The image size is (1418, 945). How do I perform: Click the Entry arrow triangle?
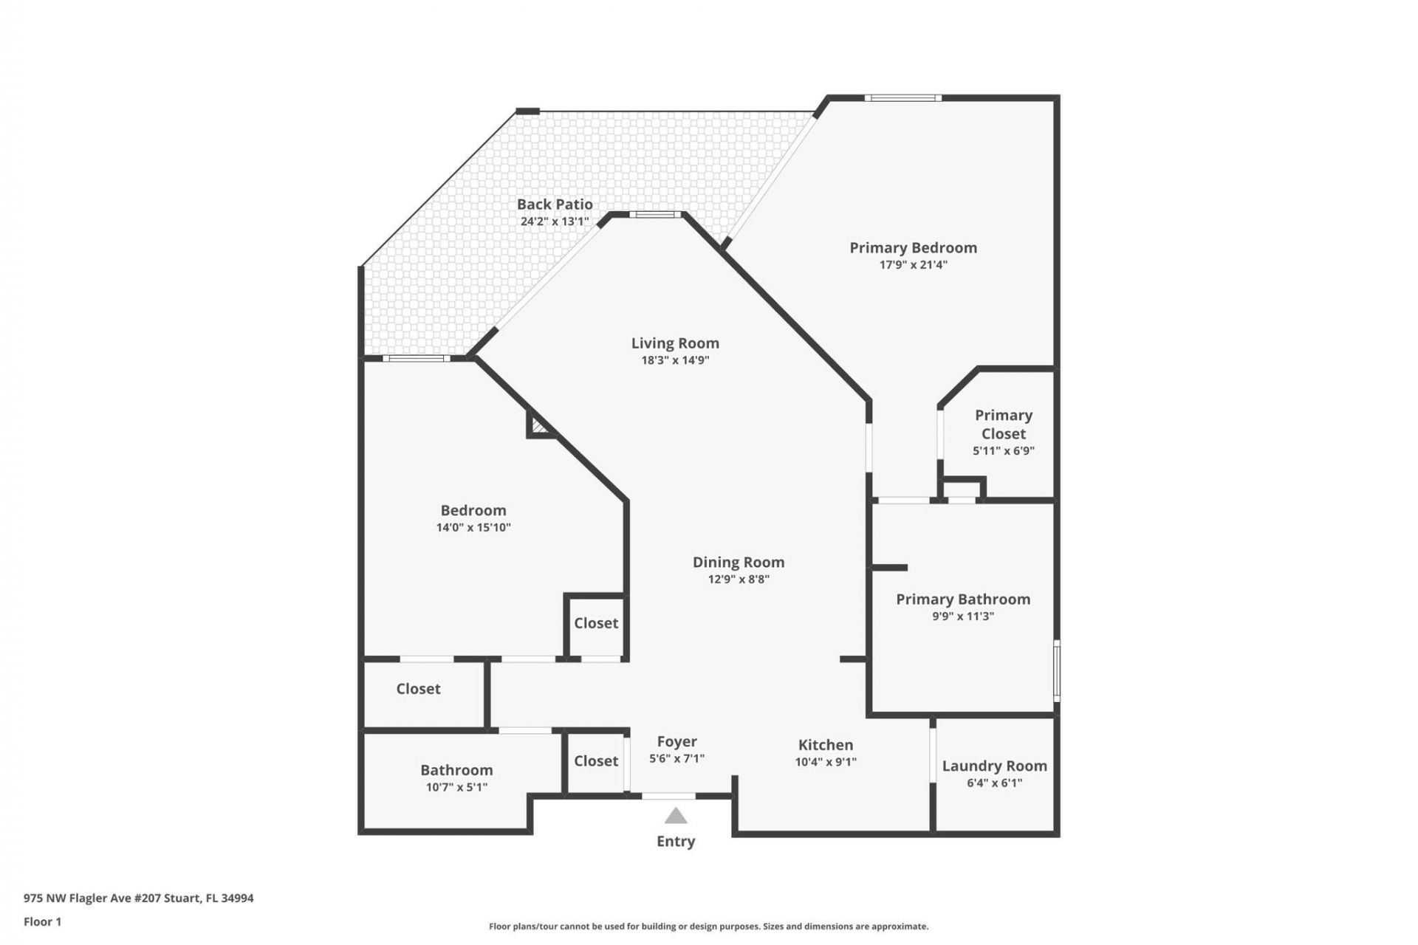[676, 816]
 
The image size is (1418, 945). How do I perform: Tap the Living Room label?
[675, 343]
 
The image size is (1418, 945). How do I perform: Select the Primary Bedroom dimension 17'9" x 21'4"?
[913, 265]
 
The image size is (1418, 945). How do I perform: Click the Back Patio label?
[555, 205]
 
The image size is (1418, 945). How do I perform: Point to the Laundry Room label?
[994, 766]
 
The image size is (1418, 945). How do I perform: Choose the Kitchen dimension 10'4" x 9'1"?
[826, 762]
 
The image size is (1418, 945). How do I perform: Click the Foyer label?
[677, 742]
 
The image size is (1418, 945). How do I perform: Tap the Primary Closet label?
[1003, 425]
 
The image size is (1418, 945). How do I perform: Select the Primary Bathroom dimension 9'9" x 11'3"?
[963, 616]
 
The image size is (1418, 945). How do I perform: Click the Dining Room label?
[738, 563]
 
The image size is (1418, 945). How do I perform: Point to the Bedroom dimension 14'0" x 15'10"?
[473, 528]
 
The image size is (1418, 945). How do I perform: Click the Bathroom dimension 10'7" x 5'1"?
[456, 788]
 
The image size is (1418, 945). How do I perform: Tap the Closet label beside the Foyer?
[596, 761]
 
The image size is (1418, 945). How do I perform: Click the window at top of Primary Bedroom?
[902, 97]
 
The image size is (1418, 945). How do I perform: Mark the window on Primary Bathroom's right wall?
[1057, 670]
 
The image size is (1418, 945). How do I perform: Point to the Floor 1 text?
[42, 922]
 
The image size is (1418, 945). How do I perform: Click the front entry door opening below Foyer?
[668, 796]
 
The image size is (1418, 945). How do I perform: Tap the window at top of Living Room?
[656, 215]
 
